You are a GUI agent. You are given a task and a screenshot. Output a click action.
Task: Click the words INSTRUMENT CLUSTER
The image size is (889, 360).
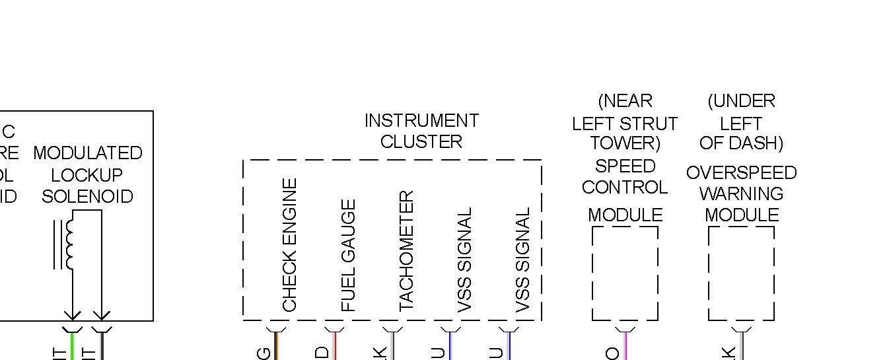[x=421, y=131]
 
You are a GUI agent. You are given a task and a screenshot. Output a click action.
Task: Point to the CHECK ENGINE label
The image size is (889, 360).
[x=289, y=244]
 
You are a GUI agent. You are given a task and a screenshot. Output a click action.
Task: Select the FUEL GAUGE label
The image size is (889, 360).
[x=348, y=255]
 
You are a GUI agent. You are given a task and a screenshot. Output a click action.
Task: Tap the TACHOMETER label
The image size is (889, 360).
[x=406, y=251]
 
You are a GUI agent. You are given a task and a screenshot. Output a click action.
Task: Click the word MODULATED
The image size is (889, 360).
[x=88, y=153]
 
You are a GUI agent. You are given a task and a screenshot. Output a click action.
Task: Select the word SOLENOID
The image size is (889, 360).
[x=87, y=197]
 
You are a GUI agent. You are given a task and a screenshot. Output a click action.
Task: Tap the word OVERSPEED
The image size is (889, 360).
[x=741, y=173]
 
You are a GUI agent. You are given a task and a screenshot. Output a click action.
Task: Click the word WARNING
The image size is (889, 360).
[x=741, y=194]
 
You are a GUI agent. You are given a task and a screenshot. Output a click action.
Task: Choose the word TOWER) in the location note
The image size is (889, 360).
[x=625, y=143]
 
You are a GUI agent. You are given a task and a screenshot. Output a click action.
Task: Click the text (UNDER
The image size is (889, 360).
[x=741, y=102]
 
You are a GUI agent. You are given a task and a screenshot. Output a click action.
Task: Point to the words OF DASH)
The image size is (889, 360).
[x=741, y=143]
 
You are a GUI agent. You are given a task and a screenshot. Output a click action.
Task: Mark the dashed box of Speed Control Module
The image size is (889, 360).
[x=625, y=273]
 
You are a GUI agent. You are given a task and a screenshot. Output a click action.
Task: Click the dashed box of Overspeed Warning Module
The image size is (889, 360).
[x=741, y=273]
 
